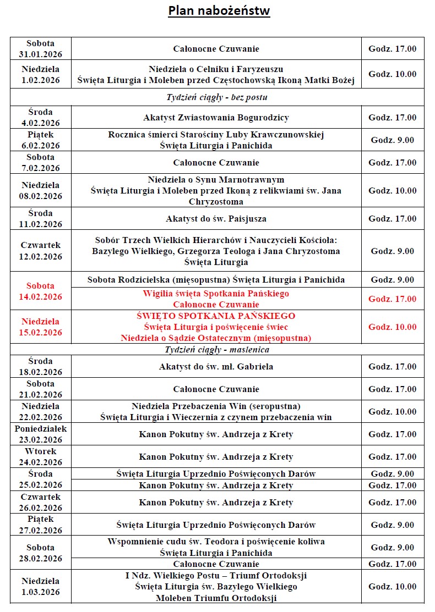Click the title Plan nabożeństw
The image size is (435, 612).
(219, 11)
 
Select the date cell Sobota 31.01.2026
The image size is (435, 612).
(41, 48)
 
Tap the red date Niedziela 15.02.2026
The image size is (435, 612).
(41, 327)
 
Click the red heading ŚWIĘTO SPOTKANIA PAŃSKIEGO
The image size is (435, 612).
(216, 316)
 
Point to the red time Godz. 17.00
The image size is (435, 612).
(393, 299)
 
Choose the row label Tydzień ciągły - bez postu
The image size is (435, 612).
(217, 97)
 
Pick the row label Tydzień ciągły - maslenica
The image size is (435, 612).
(217, 350)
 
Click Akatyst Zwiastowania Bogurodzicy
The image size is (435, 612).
(216, 118)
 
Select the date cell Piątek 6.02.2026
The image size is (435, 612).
(41, 140)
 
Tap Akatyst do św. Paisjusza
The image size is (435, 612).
(216, 219)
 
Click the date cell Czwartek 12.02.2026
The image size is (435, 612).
(41, 251)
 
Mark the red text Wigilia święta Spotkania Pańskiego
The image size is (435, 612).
(216, 294)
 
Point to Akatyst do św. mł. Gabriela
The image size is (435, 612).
(216, 367)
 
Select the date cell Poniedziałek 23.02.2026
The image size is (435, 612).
(41, 434)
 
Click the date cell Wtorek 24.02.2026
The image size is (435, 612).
(41, 457)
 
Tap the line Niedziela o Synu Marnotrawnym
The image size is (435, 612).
(216, 180)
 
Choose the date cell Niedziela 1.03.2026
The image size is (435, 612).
(41, 587)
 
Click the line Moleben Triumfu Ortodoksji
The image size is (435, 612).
(216, 598)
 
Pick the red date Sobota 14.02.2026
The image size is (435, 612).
(41, 291)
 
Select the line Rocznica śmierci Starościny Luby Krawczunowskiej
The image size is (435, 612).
(216, 135)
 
